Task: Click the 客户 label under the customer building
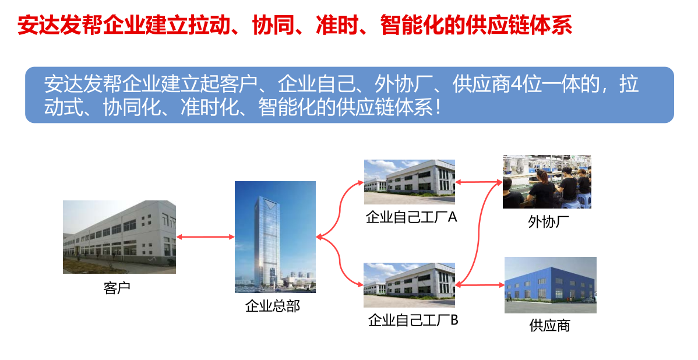pyautogui.click(x=117, y=288)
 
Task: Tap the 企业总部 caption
pyautogui.click(x=273, y=306)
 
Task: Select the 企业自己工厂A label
pyautogui.click(x=411, y=217)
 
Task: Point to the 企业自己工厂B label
pyautogui.click(x=413, y=320)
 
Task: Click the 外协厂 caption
pyautogui.click(x=548, y=221)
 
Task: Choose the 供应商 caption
pyautogui.click(x=550, y=325)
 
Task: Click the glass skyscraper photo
pyautogui.click(x=275, y=237)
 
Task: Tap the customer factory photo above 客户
pyautogui.click(x=119, y=237)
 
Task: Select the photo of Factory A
pyautogui.click(x=410, y=182)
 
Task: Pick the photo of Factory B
pyautogui.click(x=409, y=285)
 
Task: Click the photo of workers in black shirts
pyautogui.click(x=547, y=182)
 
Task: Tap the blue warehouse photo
pyautogui.click(x=550, y=285)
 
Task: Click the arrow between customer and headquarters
pyautogui.click(x=205, y=237)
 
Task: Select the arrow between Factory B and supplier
pyautogui.click(x=480, y=285)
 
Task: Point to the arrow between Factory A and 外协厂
pyautogui.click(x=479, y=182)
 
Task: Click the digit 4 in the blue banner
pyautogui.click(x=516, y=84)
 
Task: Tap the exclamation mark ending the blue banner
pyautogui.click(x=439, y=108)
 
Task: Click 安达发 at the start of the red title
pyautogui.click(x=49, y=25)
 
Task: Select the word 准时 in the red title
pyautogui.click(x=337, y=25)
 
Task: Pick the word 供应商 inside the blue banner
pyautogui.click(x=481, y=84)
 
